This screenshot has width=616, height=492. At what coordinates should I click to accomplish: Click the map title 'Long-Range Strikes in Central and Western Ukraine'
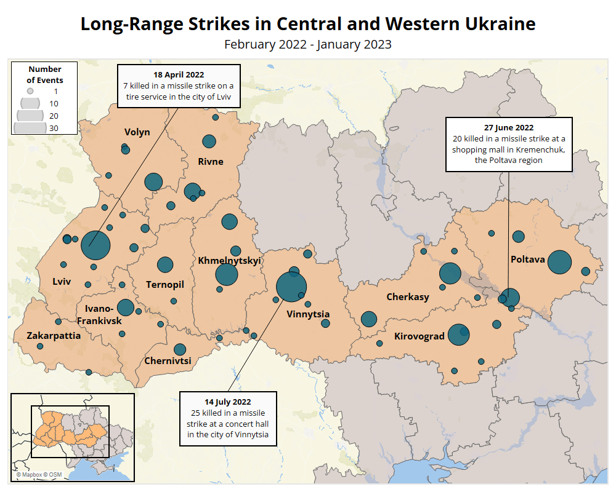pyautogui.click(x=308, y=24)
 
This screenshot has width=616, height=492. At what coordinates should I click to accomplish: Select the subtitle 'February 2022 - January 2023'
pyautogui.click(x=308, y=44)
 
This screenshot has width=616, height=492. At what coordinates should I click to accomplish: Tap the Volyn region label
pyautogui.click(x=137, y=132)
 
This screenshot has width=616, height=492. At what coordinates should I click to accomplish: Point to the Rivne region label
pyautogui.click(x=210, y=162)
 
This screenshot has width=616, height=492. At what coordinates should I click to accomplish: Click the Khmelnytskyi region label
pyautogui.click(x=230, y=261)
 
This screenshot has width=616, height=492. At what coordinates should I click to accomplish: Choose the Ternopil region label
pyautogui.click(x=165, y=284)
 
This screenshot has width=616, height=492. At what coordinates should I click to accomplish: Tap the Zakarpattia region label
pyautogui.click(x=54, y=336)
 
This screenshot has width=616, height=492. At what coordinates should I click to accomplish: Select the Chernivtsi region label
pyautogui.click(x=168, y=361)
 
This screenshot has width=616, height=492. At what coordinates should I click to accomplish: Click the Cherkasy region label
pyautogui.click(x=408, y=297)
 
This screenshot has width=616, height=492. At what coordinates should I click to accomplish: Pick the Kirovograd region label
pyautogui.click(x=419, y=336)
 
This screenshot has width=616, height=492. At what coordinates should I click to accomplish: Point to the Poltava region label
pyautogui.click(x=528, y=260)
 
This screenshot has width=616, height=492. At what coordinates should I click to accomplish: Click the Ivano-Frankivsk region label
pyautogui.click(x=99, y=315)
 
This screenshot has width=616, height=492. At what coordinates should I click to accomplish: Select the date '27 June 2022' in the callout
pyautogui.click(x=509, y=128)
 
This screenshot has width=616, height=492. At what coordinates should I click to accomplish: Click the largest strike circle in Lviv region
pyautogui.click(x=95, y=245)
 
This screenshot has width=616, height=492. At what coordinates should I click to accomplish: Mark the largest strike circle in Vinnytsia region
pyautogui.click(x=291, y=287)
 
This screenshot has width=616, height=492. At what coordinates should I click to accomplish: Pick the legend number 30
pyautogui.click(x=54, y=128)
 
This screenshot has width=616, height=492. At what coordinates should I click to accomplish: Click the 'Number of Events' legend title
pyautogui.click(x=45, y=74)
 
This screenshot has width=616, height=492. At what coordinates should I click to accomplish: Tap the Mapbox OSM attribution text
pyautogui.click(x=39, y=475)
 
